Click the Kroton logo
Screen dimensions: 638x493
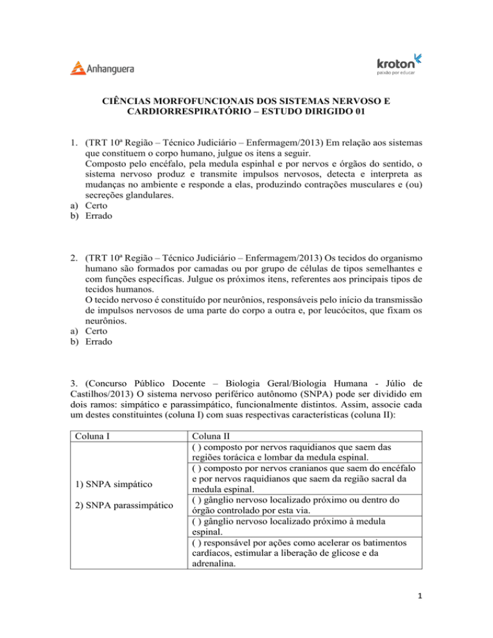click(398, 64)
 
